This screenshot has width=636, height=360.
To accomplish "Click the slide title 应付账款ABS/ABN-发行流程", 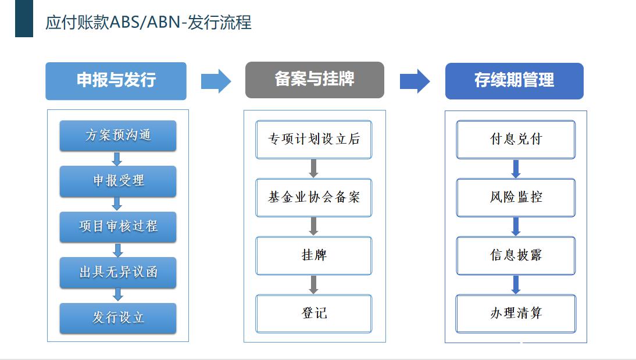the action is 148,22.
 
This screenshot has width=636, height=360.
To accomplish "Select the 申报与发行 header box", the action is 116,81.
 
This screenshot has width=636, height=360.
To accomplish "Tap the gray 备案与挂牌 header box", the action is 315,80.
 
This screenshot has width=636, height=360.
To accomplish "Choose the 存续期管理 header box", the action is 514,81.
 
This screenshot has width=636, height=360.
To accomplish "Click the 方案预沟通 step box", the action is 118,136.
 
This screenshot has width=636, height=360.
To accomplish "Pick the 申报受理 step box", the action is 118,181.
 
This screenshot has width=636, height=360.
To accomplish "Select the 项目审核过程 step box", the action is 118,226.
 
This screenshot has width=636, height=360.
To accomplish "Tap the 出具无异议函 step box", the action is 118,272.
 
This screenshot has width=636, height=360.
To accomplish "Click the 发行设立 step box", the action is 118,318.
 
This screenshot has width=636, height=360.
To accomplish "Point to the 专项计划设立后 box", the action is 314,139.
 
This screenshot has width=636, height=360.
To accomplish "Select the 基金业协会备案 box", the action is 314,197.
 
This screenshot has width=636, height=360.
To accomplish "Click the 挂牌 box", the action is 314,255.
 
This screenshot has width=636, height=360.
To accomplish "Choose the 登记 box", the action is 314,313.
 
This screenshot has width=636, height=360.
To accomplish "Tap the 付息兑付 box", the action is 516,139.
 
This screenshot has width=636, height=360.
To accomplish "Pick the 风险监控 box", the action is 516,197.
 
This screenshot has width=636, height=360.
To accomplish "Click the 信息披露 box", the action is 516,255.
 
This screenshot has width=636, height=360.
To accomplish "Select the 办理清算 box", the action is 516,313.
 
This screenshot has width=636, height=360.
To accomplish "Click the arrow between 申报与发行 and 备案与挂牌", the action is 216,81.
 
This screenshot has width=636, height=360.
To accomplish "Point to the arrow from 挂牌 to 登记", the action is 313,284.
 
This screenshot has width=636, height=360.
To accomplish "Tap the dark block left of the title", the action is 24,19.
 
